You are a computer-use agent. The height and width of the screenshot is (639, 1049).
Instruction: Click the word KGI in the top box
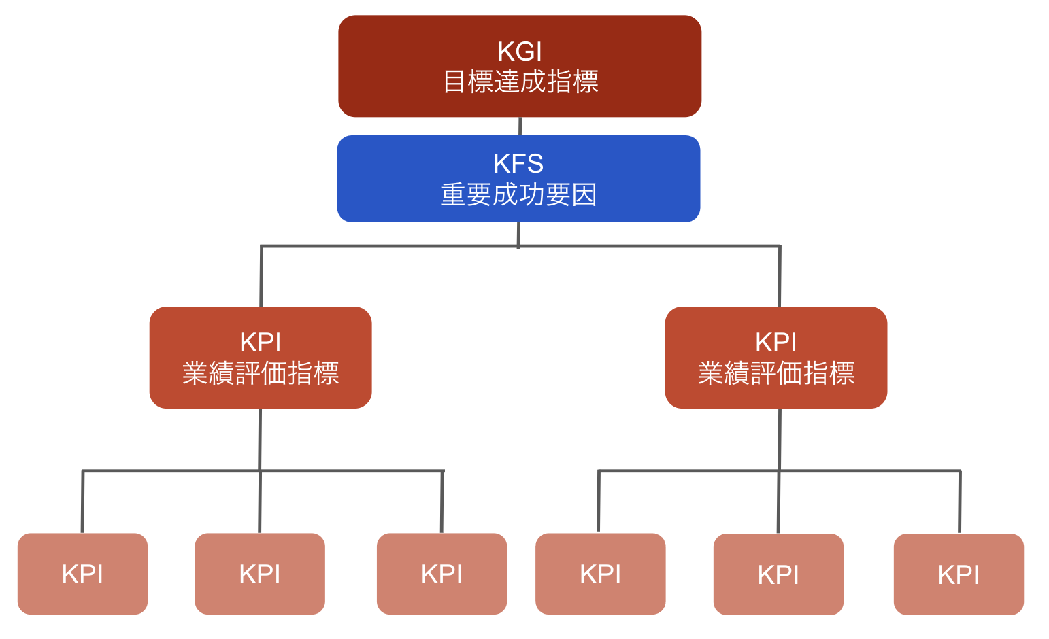[x=520, y=52]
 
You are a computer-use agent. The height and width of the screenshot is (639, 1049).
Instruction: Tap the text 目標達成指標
[x=520, y=82]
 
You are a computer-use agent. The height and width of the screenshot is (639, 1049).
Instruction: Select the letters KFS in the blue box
[x=518, y=164]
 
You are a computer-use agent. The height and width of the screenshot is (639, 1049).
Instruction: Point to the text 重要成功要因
[x=518, y=195]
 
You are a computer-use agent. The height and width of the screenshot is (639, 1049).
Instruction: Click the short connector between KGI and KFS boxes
[x=520, y=126]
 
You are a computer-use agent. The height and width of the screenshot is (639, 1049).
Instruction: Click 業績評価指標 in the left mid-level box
[x=261, y=373]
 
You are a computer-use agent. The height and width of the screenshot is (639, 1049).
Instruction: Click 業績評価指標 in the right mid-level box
[x=776, y=373]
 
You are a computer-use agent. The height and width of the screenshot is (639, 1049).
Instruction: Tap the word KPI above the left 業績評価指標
[x=261, y=342]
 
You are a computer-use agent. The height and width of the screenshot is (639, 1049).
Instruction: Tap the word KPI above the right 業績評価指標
[x=776, y=342]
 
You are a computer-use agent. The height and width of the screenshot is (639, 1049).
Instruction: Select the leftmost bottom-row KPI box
[x=82, y=574]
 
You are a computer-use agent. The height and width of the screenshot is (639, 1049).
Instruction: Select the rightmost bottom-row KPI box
[x=959, y=574]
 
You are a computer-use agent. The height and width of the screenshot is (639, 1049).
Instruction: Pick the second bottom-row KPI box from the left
[x=260, y=574]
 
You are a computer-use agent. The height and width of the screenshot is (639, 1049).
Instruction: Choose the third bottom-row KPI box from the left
[x=442, y=574]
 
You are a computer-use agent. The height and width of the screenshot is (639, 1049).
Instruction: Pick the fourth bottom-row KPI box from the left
[x=601, y=574]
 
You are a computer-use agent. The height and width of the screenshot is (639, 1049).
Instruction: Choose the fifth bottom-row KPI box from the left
[x=778, y=574]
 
